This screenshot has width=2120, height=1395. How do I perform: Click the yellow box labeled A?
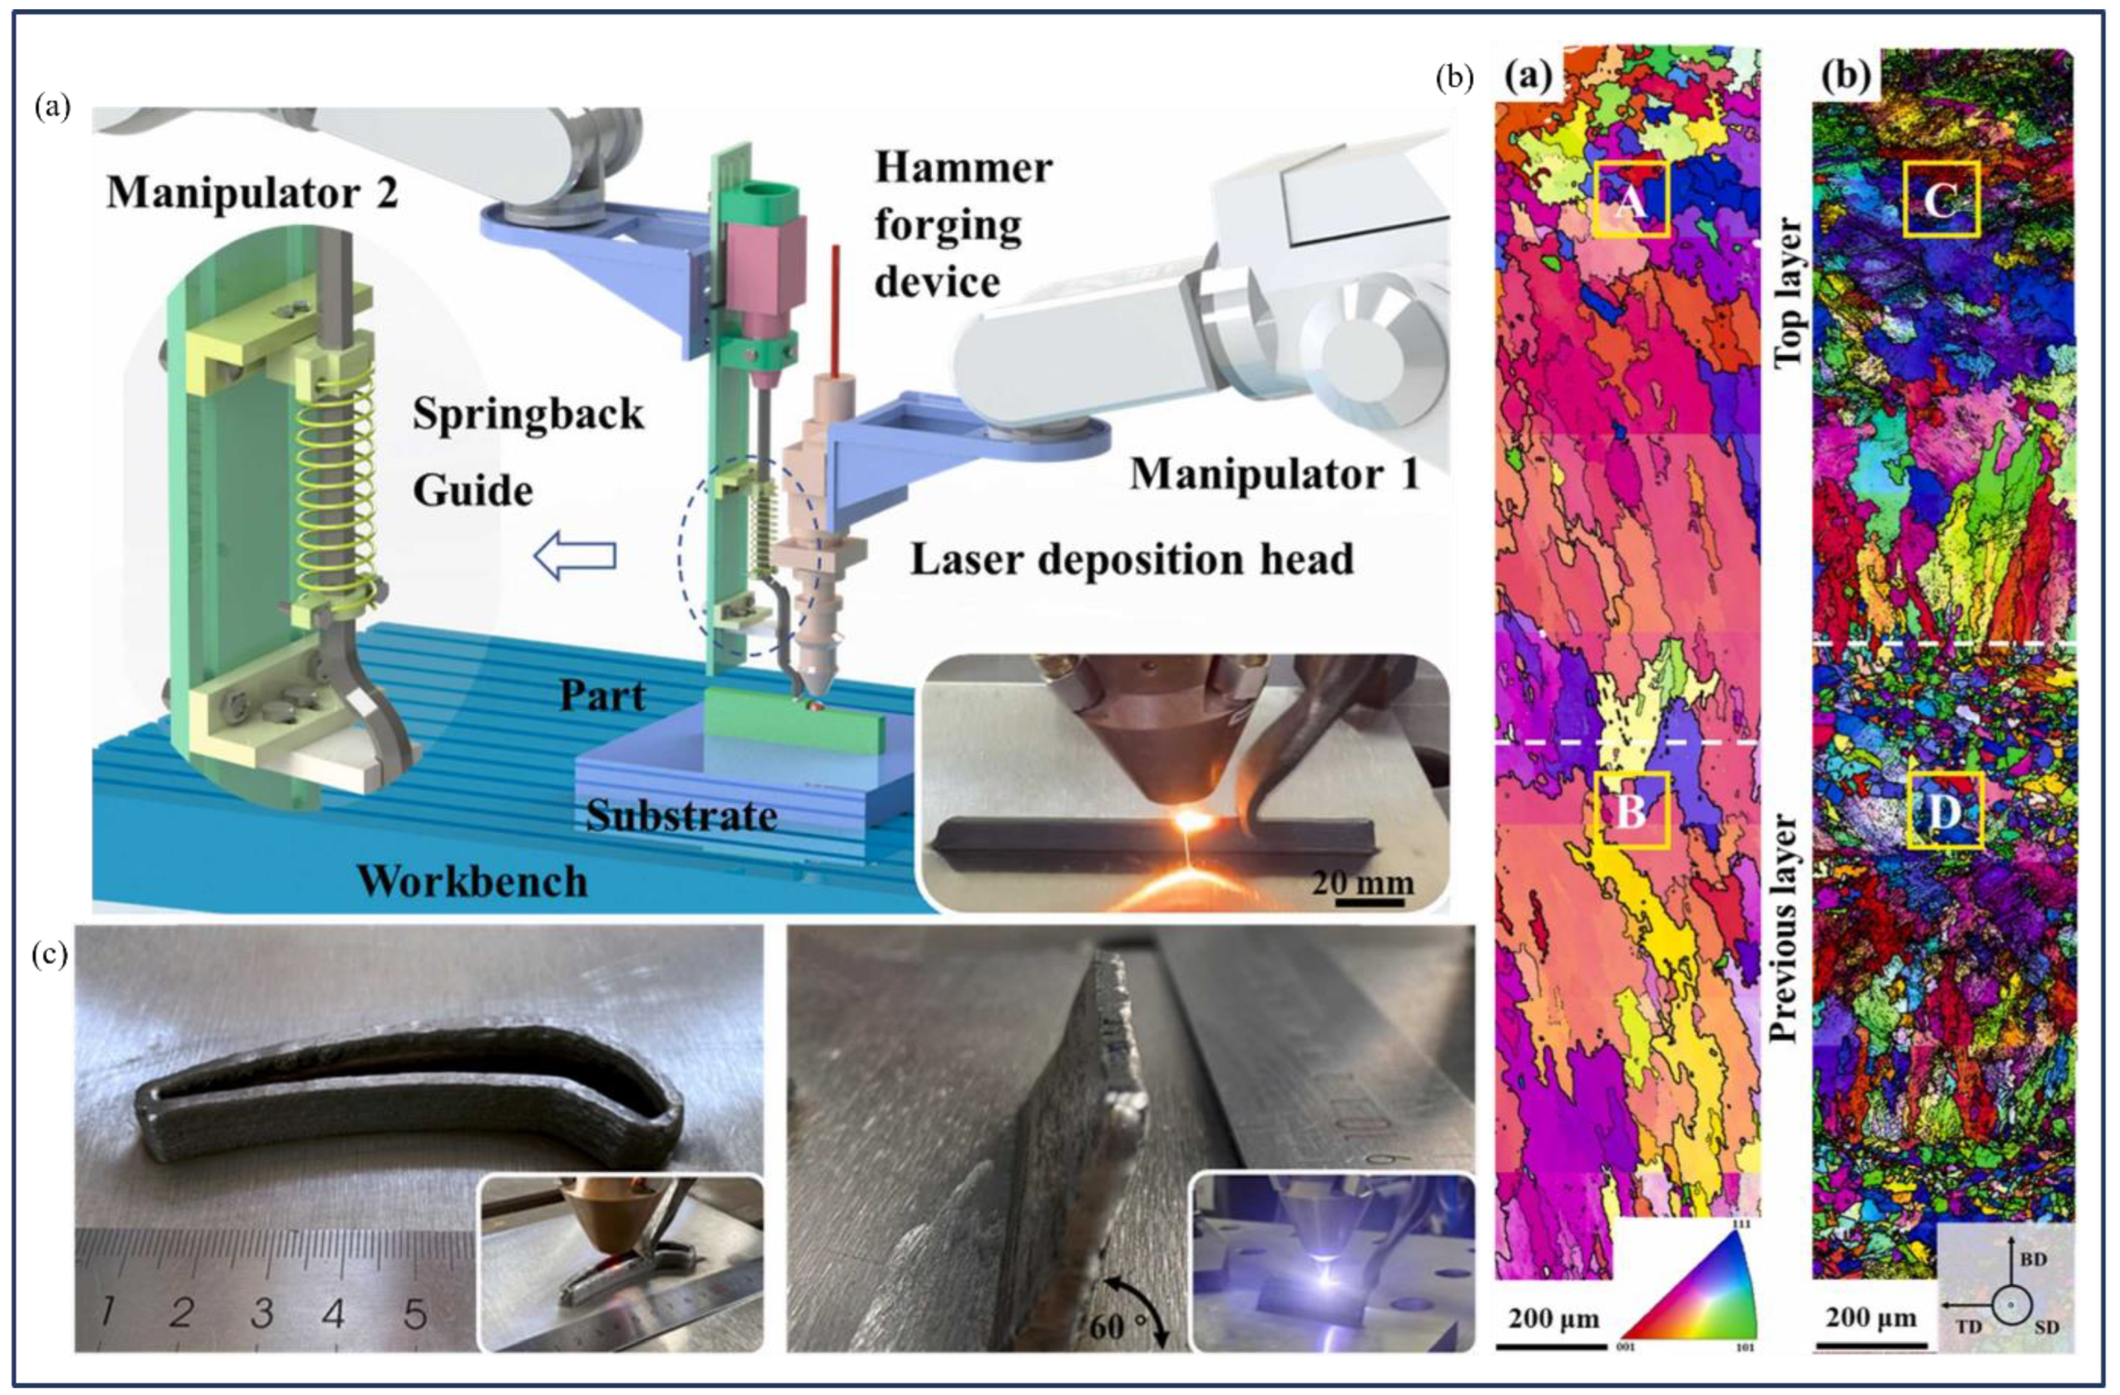tap(1631, 199)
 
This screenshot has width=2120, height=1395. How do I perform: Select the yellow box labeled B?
tap(1631, 809)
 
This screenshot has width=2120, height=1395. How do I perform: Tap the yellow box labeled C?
tap(1942, 199)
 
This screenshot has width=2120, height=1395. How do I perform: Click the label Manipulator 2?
tap(252, 192)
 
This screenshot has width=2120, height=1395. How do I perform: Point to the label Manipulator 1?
tap(1275, 474)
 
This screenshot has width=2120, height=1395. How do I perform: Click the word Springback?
tap(528, 414)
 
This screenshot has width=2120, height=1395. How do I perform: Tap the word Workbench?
tap(472, 881)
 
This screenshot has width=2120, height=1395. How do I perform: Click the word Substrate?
tap(681, 815)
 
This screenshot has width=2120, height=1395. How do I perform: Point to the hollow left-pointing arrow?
tap(575, 557)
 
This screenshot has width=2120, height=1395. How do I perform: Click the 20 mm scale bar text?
tap(1362, 883)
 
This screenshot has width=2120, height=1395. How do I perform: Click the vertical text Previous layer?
tap(1784, 927)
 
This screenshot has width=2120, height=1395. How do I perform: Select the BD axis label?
tap(2032, 1259)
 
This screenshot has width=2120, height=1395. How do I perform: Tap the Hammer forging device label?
tap(963, 225)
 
